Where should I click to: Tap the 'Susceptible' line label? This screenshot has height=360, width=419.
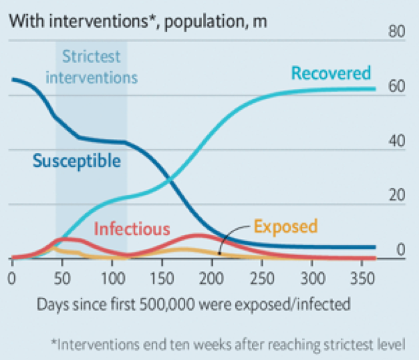coord(77,161)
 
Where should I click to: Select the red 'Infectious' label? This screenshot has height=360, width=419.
coord(132,229)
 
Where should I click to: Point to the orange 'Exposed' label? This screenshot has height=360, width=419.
coord(285,226)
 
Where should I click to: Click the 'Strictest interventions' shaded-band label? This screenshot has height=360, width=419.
coord(91,67)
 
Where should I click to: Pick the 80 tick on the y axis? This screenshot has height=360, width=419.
coord(398,32)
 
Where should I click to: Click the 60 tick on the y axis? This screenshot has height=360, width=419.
coord(398,87)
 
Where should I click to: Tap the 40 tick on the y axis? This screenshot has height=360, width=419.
coord(398,141)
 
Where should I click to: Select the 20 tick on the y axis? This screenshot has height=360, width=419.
coord(398,196)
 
